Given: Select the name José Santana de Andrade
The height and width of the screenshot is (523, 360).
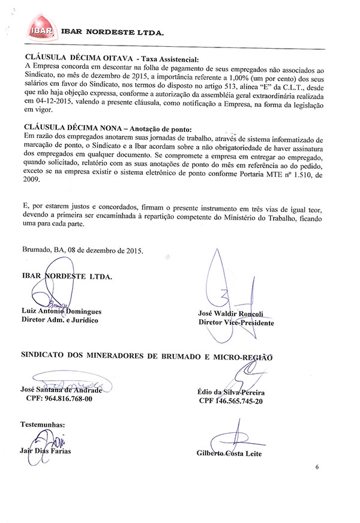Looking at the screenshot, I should (x=62, y=389).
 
